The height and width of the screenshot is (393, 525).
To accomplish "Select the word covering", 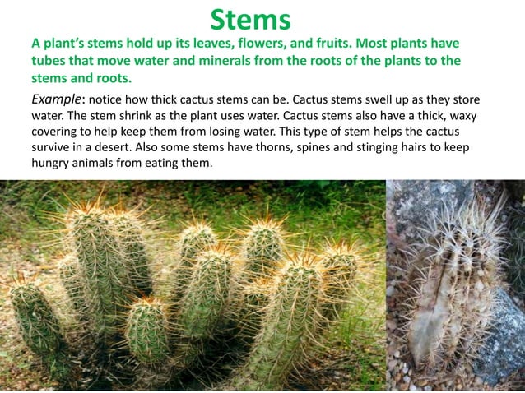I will pos(58,132).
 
